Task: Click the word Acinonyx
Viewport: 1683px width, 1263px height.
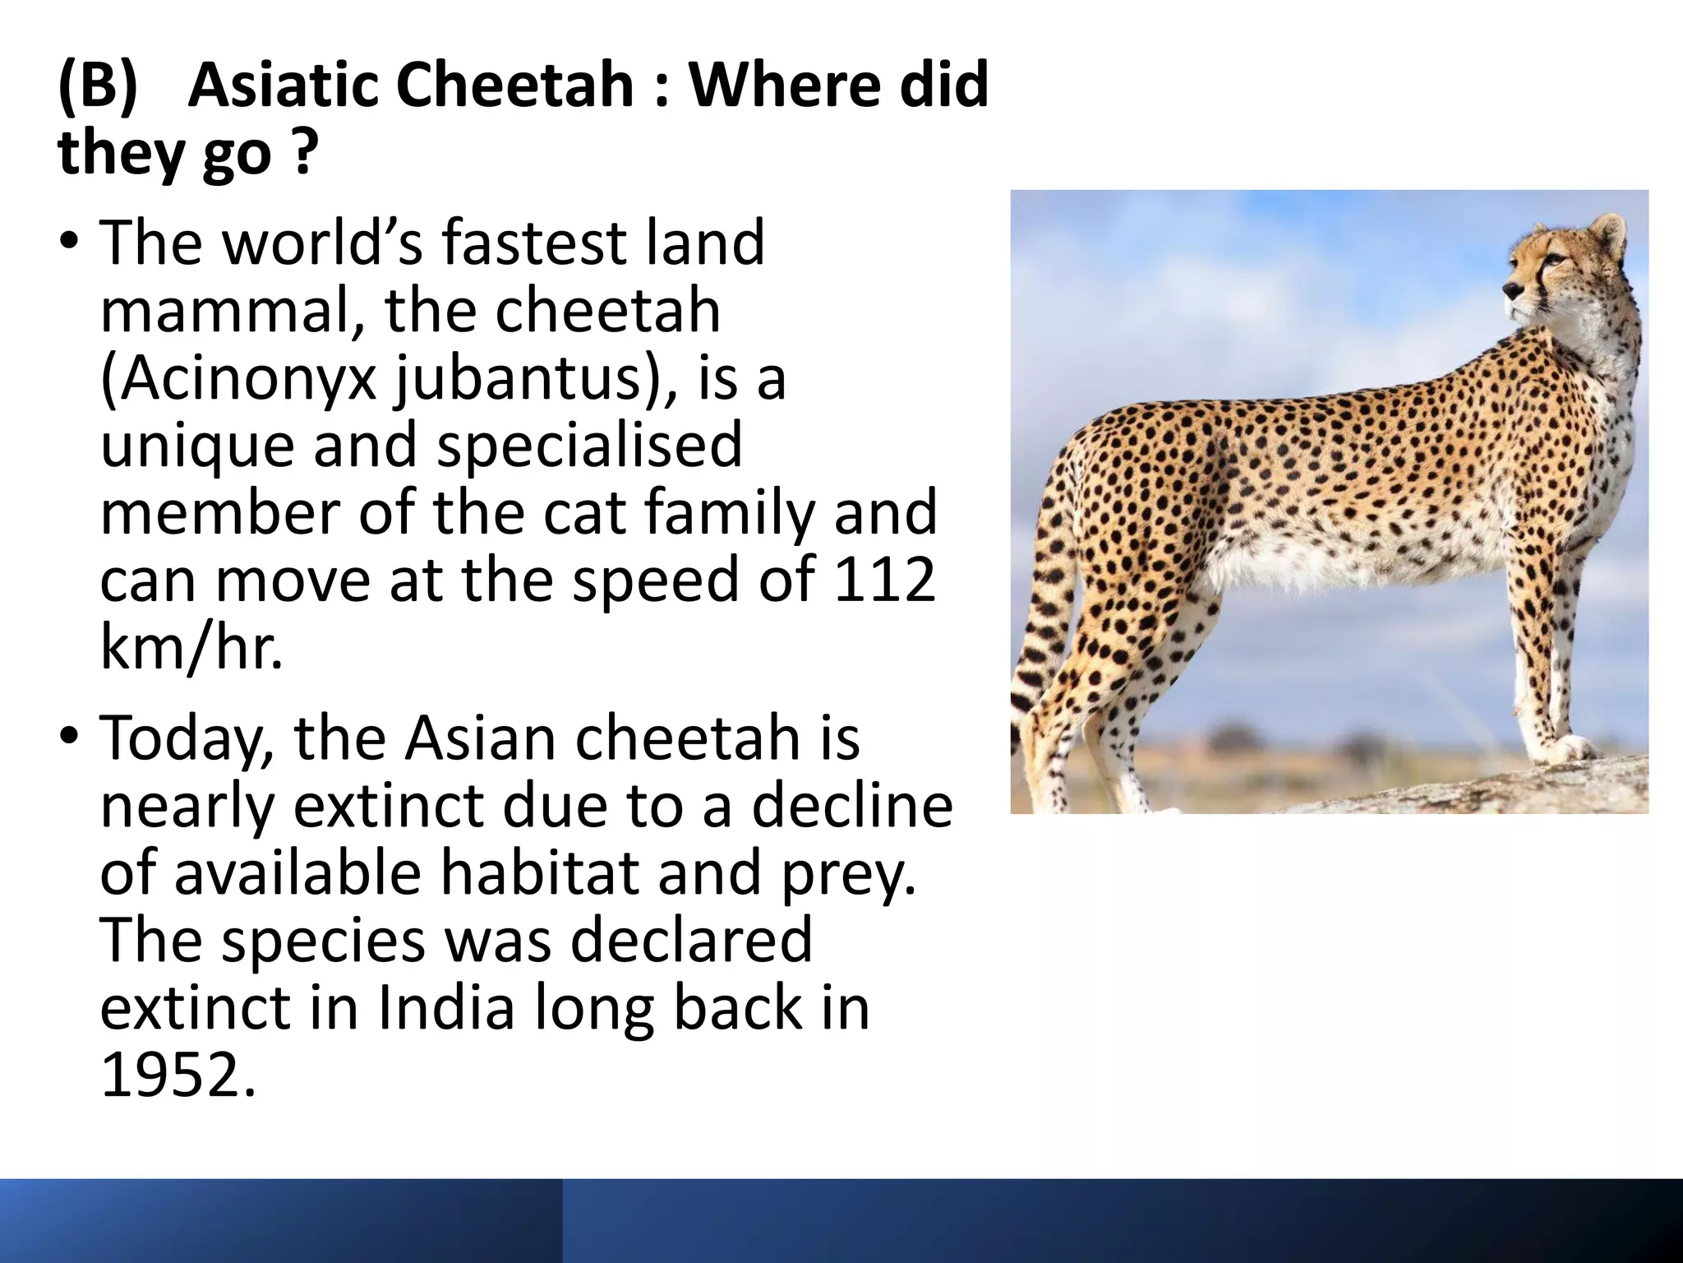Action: [x=238, y=379]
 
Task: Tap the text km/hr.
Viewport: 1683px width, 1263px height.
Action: [x=191, y=647]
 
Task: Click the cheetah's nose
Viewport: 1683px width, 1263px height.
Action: [x=1511, y=289]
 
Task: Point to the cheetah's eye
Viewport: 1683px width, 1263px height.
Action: [x=1555, y=261]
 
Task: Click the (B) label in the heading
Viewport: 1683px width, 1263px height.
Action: [x=98, y=86]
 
